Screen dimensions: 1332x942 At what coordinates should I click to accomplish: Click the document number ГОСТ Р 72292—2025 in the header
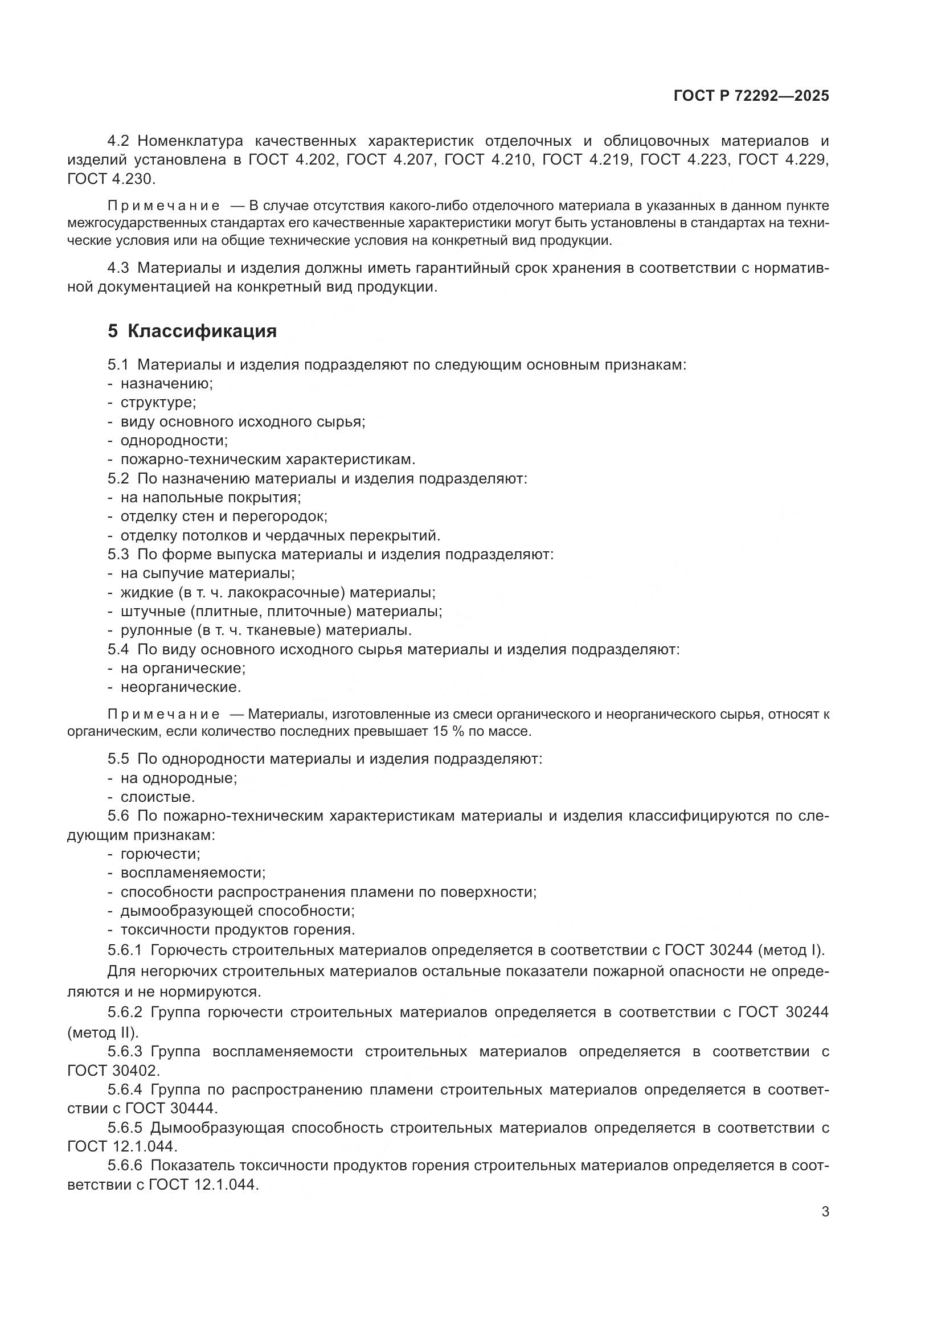pyautogui.click(x=751, y=96)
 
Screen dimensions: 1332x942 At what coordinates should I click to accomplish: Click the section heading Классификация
pyautogui.click(x=202, y=331)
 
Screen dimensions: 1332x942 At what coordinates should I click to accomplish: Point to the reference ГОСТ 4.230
pyautogui.click(x=111, y=179)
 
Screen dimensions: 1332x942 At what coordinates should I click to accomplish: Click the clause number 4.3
pyautogui.click(x=118, y=268)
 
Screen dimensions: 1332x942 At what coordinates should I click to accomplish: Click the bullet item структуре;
pyautogui.click(x=158, y=403)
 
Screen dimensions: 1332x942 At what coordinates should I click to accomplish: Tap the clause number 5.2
pyautogui.click(x=118, y=478)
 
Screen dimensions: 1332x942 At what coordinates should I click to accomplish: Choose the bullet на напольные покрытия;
pyautogui.click(x=211, y=498)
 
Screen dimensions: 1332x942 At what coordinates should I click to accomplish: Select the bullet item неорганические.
pyautogui.click(x=181, y=687)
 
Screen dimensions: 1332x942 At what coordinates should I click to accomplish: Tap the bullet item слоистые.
pyautogui.click(x=157, y=797)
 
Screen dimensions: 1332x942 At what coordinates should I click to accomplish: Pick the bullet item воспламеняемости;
pyautogui.click(x=193, y=873)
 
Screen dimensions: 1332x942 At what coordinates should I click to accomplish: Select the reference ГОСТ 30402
pyautogui.click(x=113, y=1070)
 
